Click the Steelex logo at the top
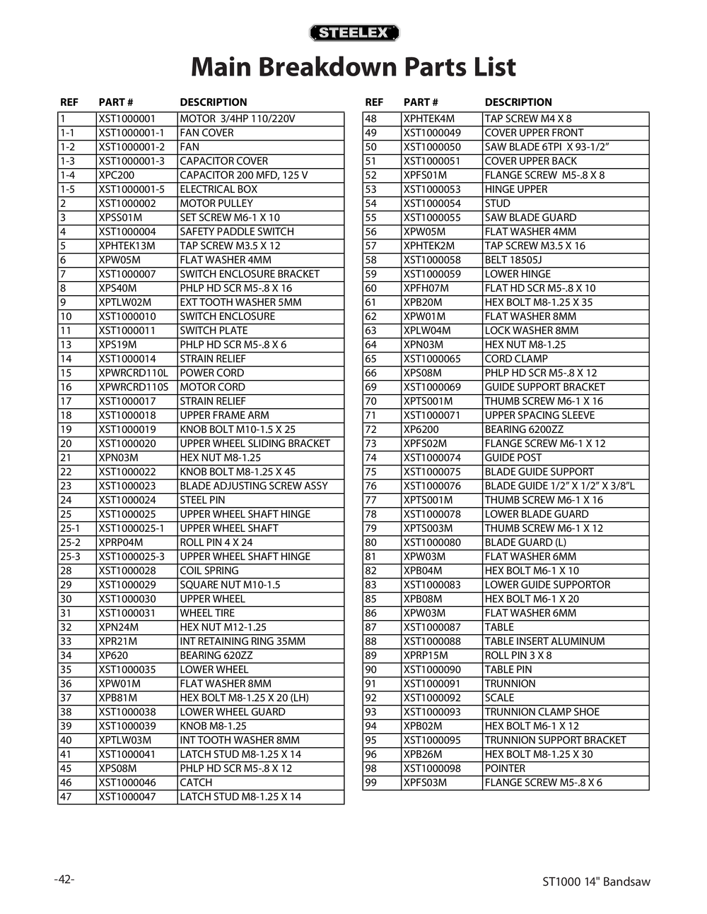354,33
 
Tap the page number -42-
64,879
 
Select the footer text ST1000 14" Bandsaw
596,882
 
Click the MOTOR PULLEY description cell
216,203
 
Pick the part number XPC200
117,175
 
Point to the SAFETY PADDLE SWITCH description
236,232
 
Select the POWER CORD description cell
211,373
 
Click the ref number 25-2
70,542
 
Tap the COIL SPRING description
209,571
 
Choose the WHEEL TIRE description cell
206,613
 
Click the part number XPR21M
118,641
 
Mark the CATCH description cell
196,783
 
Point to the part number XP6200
421,429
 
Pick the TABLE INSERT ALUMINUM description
544,641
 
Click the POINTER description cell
505,768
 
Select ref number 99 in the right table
371,783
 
